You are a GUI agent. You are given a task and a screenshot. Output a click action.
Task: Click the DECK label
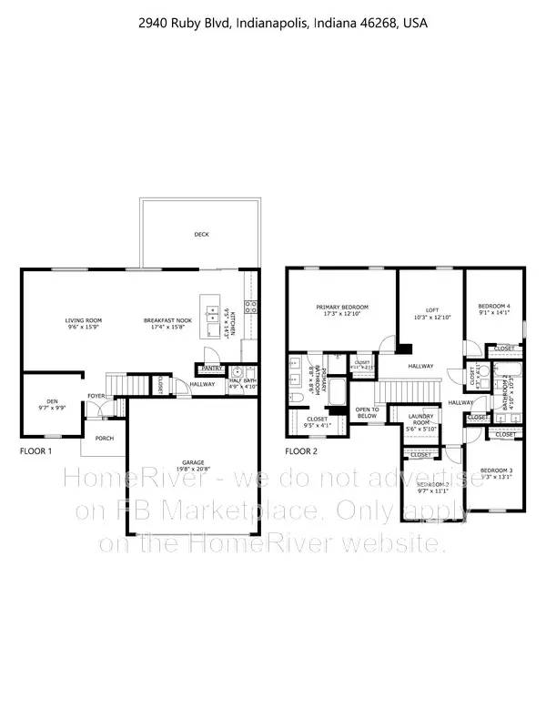tap(201, 235)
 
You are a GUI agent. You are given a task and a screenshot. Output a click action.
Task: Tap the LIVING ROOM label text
tap(83, 320)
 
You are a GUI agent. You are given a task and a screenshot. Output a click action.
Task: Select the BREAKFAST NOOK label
tap(165, 320)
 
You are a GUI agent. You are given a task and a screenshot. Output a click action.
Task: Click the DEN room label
tap(45, 402)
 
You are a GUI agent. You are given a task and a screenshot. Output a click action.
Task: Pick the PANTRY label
tap(212, 368)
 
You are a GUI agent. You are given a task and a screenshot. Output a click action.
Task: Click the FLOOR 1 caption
tap(36, 450)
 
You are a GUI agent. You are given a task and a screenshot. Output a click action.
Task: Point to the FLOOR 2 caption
tap(301, 450)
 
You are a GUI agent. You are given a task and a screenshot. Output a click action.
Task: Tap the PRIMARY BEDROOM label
tap(341, 308)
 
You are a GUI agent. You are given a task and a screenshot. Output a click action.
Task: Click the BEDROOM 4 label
tap(495, 306)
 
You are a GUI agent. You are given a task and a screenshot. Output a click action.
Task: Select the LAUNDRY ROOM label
tap(420, 420)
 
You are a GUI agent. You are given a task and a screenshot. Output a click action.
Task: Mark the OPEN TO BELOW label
tap(367, 411)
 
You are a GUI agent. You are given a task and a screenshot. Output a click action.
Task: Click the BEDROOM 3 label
tap(498, 470)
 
